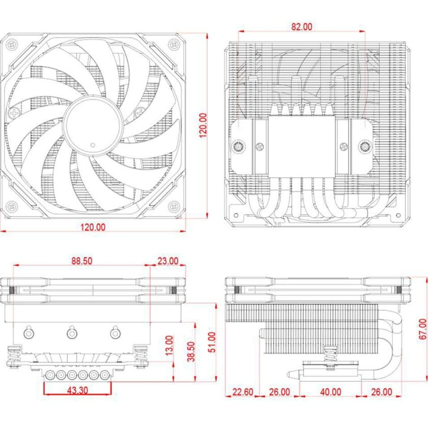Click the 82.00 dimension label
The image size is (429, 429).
[302, 27]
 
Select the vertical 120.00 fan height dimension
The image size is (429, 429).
[203, 126]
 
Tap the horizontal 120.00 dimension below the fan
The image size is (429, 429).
[93, 227]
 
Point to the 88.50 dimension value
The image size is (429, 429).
[82, 261]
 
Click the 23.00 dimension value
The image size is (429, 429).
[168, 261]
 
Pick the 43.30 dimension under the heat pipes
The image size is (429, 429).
[78, 390]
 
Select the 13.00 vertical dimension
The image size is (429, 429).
[169, 345]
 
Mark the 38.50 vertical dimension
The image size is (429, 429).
[191, 351]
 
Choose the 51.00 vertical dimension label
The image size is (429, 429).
[212, 342]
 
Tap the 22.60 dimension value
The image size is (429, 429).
[243, 392]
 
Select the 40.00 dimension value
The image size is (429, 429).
[330, 392]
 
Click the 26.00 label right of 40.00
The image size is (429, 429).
[381, 392]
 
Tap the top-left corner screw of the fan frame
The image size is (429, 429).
[12, 45]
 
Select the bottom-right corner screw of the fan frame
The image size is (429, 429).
[174, 206]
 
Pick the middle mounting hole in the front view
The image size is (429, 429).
[72, 332]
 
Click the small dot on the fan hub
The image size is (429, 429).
[93, 145]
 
